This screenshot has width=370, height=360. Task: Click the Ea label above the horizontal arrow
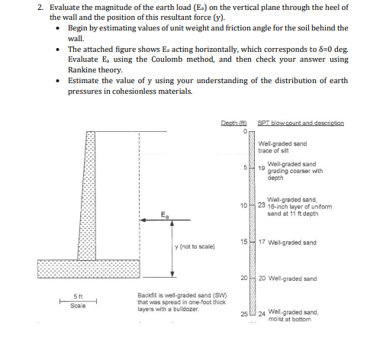(165, 214)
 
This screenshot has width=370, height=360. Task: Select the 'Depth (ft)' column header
(232, 123)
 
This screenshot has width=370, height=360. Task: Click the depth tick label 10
(242, 206)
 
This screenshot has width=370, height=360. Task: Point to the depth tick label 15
(242, 242)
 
